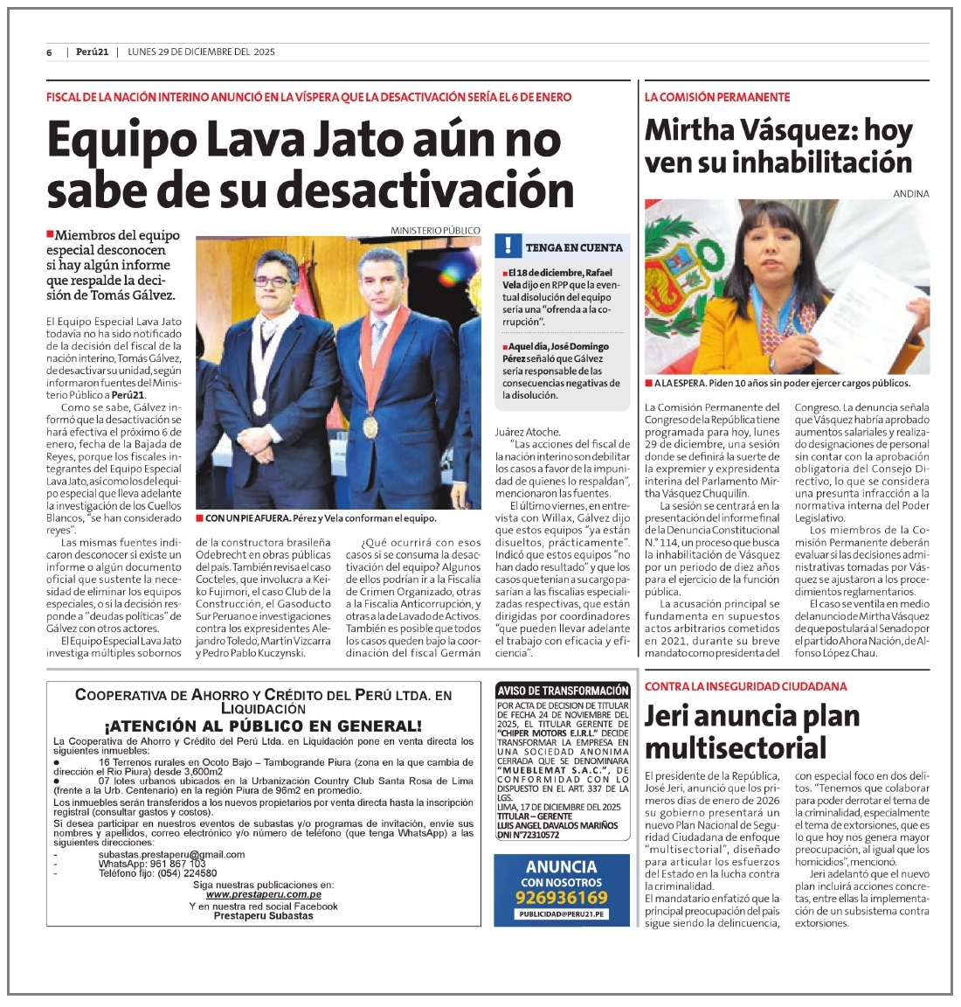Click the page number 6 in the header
50,52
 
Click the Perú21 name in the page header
91,52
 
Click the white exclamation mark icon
508,246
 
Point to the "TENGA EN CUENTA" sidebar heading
574,247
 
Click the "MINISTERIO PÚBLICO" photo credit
435,231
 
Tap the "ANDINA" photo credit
911,194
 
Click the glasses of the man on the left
273,281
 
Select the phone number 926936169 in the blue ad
561,898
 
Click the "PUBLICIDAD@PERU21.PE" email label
561,914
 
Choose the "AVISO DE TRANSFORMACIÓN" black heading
562,691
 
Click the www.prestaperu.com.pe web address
263,894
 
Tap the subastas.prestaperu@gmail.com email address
171,854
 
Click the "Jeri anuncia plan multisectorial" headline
751,732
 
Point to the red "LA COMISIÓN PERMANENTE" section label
717,97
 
